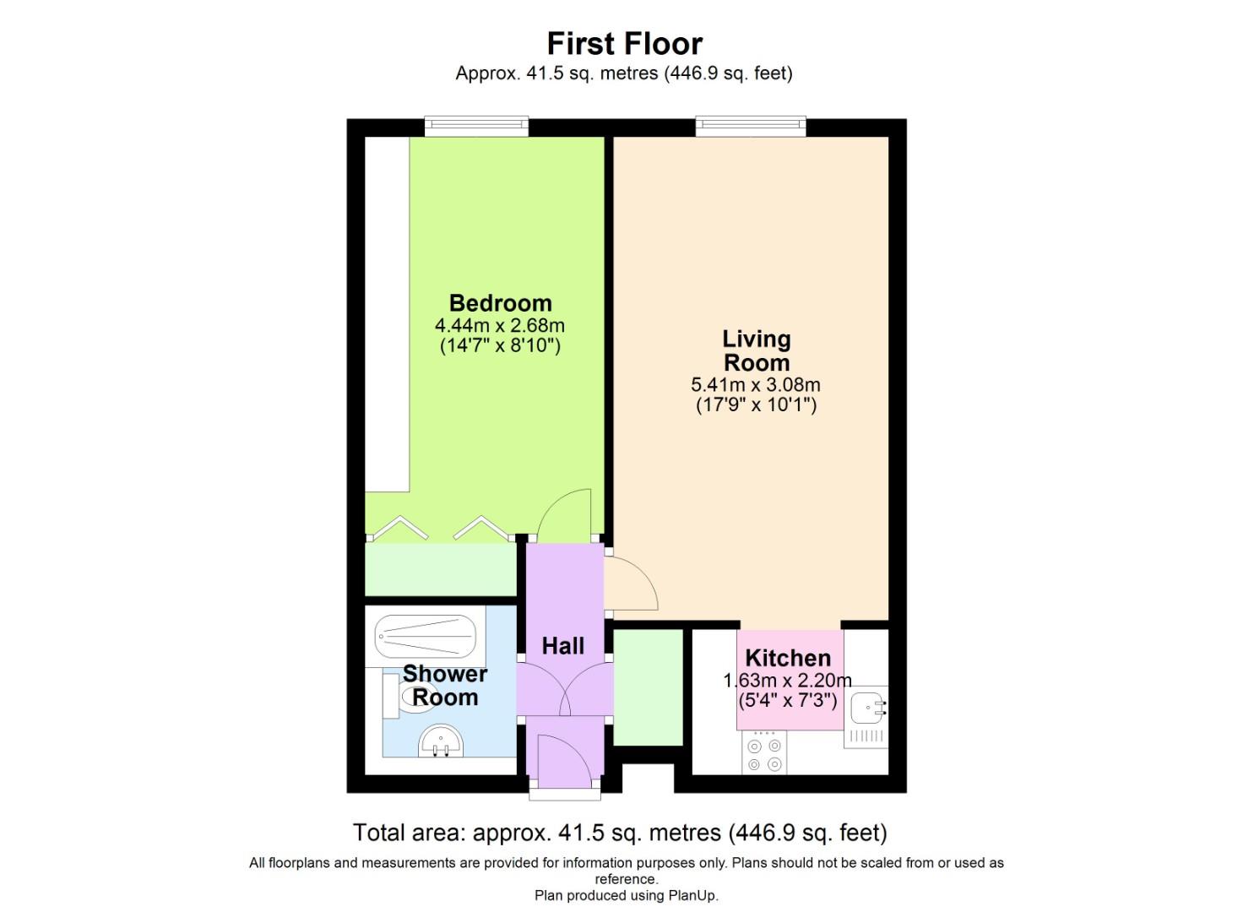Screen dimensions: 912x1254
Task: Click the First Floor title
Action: coord(624,43)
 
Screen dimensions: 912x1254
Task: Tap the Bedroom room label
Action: coord(500,303)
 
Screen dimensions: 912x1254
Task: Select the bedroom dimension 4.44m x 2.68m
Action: coord(500,325)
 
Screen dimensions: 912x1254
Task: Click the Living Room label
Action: coord(756,350)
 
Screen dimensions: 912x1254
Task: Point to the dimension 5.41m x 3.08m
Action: coord(756,385)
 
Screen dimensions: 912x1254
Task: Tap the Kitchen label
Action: coord(788,658)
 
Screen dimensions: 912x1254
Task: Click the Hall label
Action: coord(562,646)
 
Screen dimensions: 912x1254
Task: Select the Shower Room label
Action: coord(444,686)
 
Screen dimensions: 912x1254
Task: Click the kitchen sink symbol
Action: coord(867,708)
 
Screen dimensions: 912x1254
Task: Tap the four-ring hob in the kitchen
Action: coord(764,754)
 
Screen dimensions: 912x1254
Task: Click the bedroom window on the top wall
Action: coord(476,127)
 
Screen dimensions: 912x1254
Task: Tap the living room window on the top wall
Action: coord(751,127)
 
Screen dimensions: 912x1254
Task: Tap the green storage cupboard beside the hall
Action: coord(648,687)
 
